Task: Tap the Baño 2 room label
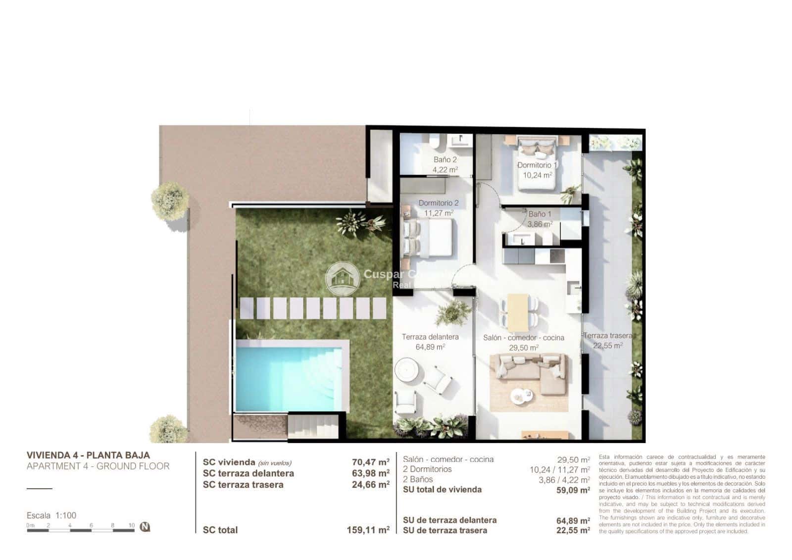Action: coord(445,159)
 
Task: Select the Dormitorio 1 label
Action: coord(537,165)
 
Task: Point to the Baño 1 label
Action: coord(540,214)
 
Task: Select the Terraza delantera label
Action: coord(430,337)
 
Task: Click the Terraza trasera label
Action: coord(607,335)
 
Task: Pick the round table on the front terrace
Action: coord(408,370)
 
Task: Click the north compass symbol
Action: coord(145,527)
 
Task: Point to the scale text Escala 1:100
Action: coord(51,515)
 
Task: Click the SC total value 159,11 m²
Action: coord(368,530)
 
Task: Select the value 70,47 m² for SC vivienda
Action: coord(370,462)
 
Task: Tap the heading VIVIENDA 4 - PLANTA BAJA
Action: coord(88,455)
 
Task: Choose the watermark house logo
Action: coord(342,278)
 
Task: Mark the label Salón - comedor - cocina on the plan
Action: coord(524,338)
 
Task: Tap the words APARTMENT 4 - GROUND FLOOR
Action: coord(98,466)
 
